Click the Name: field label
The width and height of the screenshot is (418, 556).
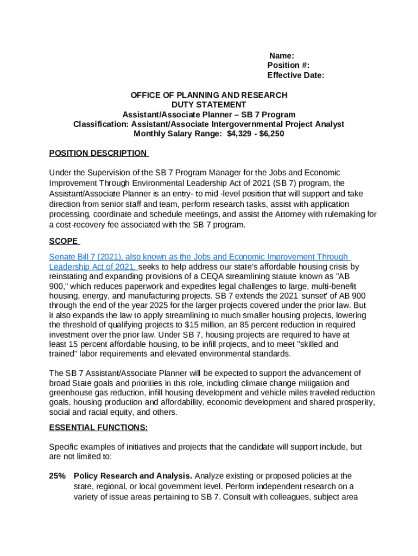(282, 55)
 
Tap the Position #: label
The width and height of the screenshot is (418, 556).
(288, 65)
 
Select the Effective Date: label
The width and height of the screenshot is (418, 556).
(295, 75)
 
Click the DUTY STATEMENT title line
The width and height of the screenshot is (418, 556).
(208, 105)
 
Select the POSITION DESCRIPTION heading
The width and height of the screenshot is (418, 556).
(98, 154)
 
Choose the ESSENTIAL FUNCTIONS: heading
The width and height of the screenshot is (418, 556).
(98, 427)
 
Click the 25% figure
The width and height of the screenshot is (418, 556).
(58, 476)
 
